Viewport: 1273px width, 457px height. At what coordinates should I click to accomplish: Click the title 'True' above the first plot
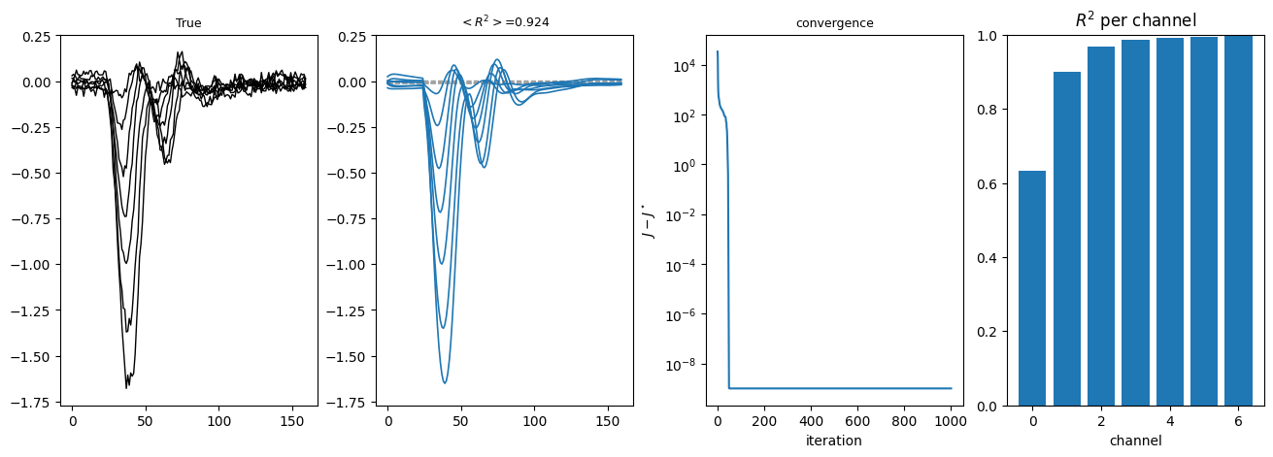click(x=188, y=22)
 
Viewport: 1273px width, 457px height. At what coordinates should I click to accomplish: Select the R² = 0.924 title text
click(x=505, y=21)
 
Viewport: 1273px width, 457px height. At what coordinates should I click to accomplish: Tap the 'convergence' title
click(x=834, y=23)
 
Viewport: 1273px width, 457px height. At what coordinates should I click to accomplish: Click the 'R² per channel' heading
click(x=1135, y=20)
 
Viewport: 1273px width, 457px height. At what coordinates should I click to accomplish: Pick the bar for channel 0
click(x=1032, y=288)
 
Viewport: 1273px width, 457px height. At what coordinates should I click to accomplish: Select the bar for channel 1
click(x=1067, y=239)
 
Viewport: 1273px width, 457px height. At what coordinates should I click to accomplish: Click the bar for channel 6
click(x=1238, y=221)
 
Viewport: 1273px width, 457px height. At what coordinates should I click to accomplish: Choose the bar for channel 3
click(x=1135, y=223)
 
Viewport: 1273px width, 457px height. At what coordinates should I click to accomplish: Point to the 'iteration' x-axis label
click(x=834, y=441)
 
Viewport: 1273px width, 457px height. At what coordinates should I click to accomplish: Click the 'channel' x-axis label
click(x=1135, y=441)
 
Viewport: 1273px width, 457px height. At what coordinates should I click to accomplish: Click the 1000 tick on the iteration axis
click(x=951, y=421)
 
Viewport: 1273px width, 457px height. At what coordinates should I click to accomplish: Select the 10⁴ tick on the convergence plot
click(x=686, y=66)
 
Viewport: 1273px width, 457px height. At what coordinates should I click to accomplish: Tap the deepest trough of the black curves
click(x=127, y=388)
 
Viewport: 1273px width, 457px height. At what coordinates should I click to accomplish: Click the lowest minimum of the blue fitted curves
click(x=445, y=383)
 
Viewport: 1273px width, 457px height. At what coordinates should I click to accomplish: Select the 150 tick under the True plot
click(x=292, y=421)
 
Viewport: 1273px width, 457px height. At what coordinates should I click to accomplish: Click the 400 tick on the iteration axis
click(x=811, y=421)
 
